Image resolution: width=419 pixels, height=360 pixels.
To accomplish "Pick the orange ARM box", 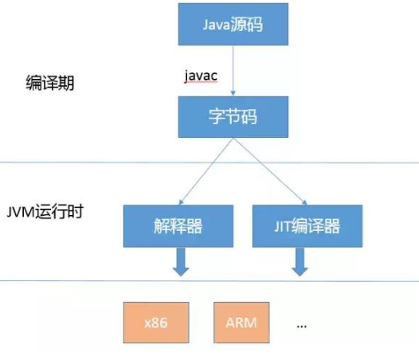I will pos(241,322).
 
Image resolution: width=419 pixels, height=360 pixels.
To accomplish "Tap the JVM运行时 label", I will pos(45,213).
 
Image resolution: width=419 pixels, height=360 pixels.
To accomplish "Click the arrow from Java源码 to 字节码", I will pos(231,76).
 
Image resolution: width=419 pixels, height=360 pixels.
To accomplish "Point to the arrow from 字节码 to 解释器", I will pos(204,171).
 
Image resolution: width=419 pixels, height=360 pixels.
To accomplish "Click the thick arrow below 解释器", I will pos(182,261).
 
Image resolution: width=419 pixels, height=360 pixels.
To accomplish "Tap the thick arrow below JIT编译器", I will pos(300,261).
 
